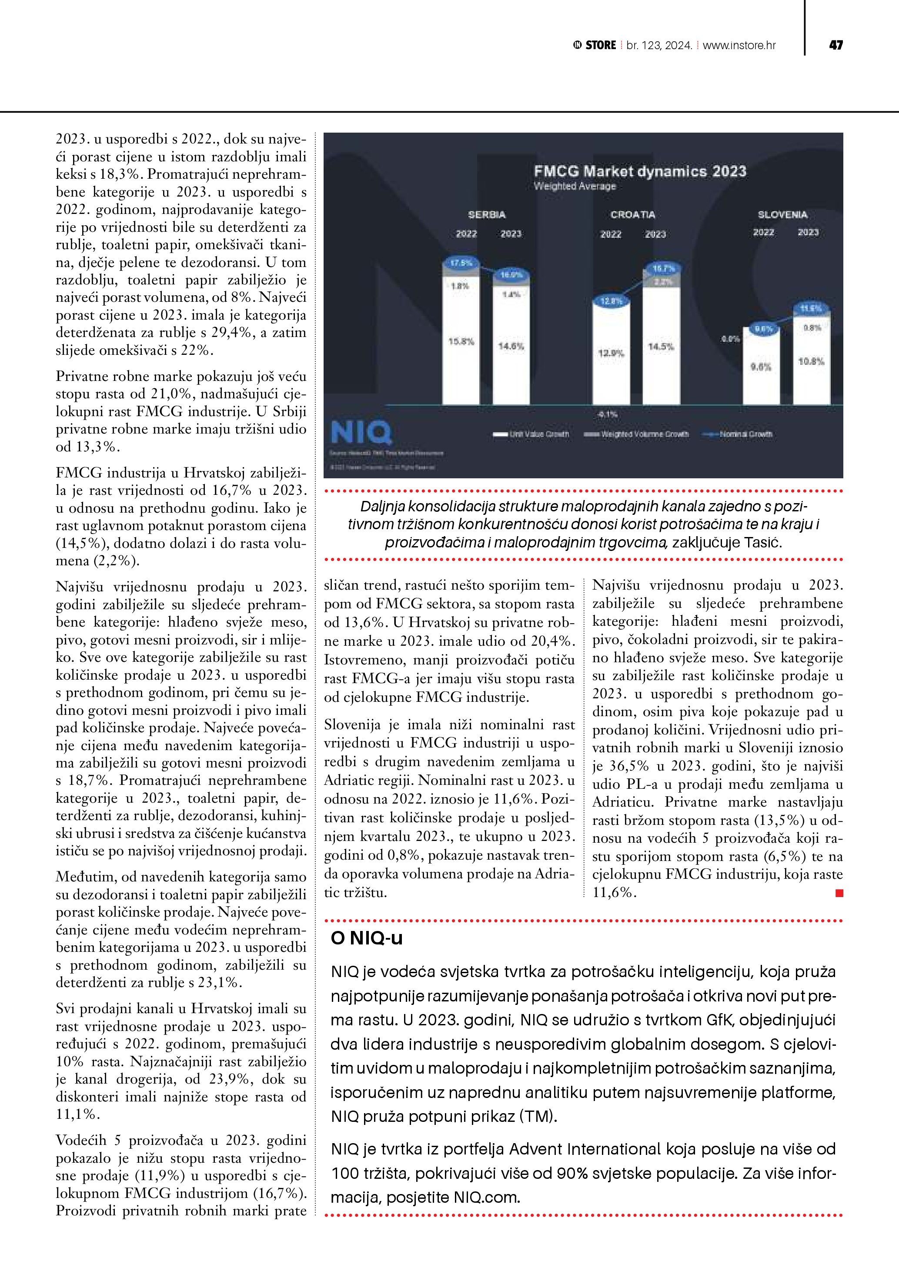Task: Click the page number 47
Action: [x=836, y=45]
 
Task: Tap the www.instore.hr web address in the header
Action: [x=739, y=45]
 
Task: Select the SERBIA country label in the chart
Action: [x=487, y=214]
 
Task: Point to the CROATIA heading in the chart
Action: [x=633, y=214]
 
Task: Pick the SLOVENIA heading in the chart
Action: [x=782, y=214]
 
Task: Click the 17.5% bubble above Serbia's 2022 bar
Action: [x=461, y=263]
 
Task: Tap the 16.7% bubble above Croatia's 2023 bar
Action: [x=663, y=268]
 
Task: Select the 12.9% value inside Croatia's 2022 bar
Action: [x=611, y=353]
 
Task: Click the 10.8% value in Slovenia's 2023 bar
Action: [x=811, y=361]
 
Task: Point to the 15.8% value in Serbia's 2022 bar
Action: [x=461, y=341]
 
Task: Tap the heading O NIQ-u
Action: [x=367, y=938]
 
